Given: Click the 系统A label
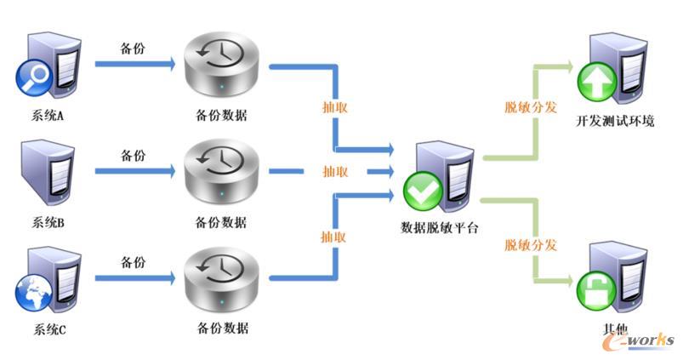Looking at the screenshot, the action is pos(48,116).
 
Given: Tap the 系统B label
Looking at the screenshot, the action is pos(48,223).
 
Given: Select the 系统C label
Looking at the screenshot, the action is pos(49,329).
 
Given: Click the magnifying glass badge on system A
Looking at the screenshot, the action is pos(34,77).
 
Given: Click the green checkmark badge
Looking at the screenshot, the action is pos(423,191).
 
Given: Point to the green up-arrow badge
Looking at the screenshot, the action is pos(596,82).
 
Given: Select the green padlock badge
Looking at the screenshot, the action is pos(596,291).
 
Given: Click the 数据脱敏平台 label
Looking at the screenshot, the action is pos(440,227).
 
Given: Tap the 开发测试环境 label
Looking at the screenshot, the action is pos(615,121).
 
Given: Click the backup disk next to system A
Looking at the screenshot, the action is pos(221,64).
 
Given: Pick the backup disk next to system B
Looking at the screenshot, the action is pos(221,171).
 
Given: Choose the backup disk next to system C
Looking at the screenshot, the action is pos(221,279).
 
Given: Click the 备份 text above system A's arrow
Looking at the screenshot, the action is pos(133,48).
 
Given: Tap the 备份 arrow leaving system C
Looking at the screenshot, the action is pos(135,278).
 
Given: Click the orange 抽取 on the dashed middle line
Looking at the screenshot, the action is pos(335,171).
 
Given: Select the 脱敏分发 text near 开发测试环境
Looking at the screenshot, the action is pos(531,106).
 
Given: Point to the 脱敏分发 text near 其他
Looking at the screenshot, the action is pos(531,244).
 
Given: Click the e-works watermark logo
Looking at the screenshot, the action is pos(639,340).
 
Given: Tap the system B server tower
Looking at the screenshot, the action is pos(48,173).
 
